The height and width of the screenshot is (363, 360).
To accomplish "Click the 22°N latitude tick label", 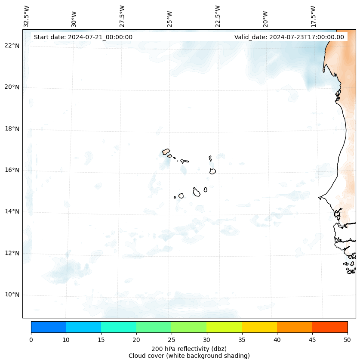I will [12, 46].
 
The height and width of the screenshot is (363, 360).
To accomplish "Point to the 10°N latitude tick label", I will [12, 295].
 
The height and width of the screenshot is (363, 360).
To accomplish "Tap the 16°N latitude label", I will [12, 170].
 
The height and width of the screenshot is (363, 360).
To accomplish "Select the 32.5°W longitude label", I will [27, 16].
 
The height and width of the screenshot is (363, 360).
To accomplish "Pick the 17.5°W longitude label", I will [313, 16].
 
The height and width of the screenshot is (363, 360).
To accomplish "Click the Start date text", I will [83, 37].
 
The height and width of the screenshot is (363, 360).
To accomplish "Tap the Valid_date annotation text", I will [289, 37].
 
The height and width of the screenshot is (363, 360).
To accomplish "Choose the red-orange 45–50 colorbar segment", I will [330, 327].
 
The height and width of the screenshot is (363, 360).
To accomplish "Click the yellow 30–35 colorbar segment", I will [224, 327].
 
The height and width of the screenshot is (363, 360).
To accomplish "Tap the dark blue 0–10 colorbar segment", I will [48, 327].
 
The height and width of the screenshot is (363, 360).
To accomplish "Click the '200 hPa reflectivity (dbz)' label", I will [189, 348].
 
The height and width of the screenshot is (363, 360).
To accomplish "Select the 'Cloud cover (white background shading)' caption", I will [189, 356].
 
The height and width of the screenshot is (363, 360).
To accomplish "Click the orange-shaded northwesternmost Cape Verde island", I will [166, 152].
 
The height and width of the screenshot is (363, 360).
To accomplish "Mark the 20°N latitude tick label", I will [12, 87].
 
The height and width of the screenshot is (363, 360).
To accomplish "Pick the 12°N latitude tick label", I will [12, 253].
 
